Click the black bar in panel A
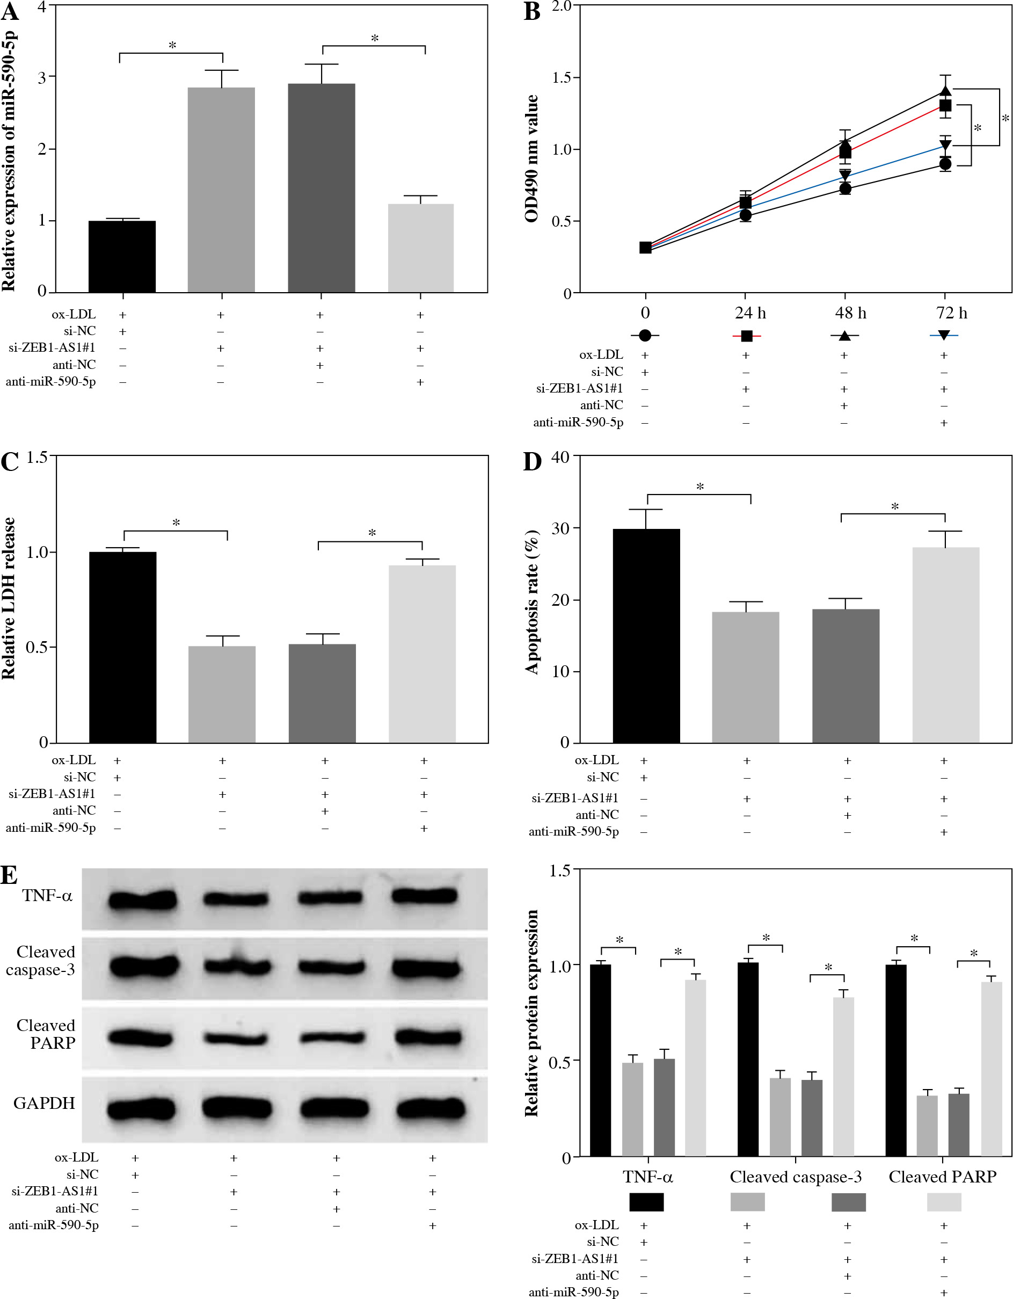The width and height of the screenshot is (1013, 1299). point(122,256)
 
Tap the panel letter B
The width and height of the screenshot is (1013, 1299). point(531,12)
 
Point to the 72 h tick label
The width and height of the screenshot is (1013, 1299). point(951,314)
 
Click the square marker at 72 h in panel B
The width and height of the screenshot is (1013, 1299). point(945,106)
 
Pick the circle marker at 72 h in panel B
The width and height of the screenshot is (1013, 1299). point(945,164)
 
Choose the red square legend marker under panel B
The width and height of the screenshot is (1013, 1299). point(747,336)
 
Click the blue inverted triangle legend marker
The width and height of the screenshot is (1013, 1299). point(943,336)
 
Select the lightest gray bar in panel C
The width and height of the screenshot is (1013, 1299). point(422,654)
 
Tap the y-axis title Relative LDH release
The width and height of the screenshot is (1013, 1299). point(9,598)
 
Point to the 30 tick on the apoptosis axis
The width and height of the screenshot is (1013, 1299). point(561,528)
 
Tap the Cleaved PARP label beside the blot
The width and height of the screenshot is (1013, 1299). point(46,1034)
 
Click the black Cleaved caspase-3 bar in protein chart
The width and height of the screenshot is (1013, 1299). point(748,1059)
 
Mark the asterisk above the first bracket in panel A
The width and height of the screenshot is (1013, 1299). point(172,45)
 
